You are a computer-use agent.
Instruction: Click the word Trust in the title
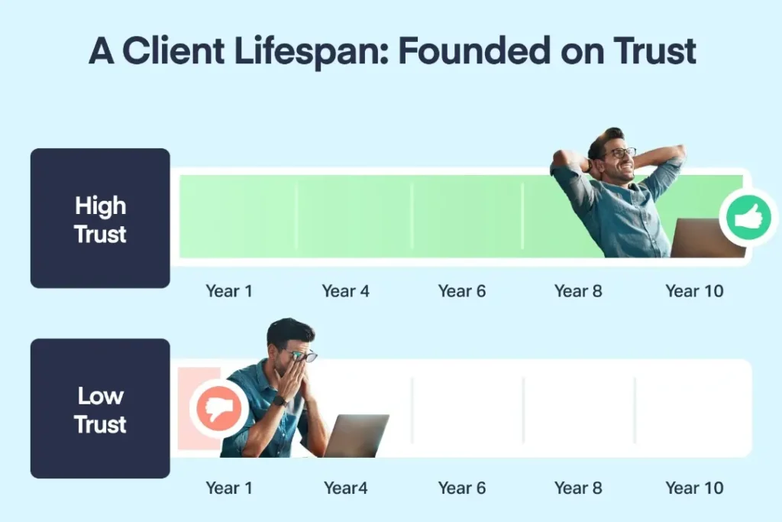pyautogui.click(x=654, y=51)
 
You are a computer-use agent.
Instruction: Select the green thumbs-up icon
pyautogui.click(x=748, y=217)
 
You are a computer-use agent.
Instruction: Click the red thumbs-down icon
pyautogui.click(x=218, y=409)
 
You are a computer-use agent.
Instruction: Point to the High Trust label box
pyautogui.click(x=100, y=218)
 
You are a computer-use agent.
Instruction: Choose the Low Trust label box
pyautogui.click(x=100, y=408)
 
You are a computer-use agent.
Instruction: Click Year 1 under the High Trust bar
pyautogui.click(x=229, y=291)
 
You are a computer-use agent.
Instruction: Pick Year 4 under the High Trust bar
pyautogui.click(x=346, y=291)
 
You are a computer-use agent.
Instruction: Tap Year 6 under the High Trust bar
pyautogui.click(x=462, y=291)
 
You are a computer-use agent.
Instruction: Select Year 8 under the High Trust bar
pyautogui.click(x=579, y=291)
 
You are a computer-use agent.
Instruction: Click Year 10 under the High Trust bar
pyautogui.click(x=694, y=291)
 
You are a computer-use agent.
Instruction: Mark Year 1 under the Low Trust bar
pyautogui.click(x=229, y=488)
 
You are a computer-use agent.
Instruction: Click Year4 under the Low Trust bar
pyautogui.click(x=346, y=488)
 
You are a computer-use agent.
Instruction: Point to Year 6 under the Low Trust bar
pyautogui.click(x=462, y=488)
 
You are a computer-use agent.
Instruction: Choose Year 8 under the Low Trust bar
pyautogui.click(x=579, y=488)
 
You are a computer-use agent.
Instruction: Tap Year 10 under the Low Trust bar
pyautogui.click(x=694, y=488)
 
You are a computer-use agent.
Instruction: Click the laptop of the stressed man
pyautogui.click(x=357, y=436)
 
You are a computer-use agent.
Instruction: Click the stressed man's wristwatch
pyautogui.click(x=280, y=400)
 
